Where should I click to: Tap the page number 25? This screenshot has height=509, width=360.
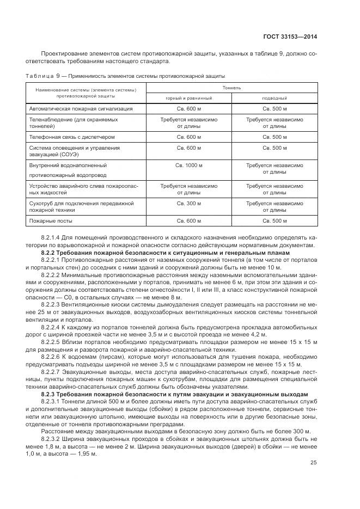pyautogui.click(x=314, y=463)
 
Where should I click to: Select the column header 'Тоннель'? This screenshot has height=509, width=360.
pyautogui.click(x=232, y=87)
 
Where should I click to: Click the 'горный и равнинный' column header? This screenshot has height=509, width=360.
pyautogui.click(x=189, y=98)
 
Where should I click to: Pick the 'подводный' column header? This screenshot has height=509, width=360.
pyautogui.click(x=274, y=98)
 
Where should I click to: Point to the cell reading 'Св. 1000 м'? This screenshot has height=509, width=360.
pyautogui.click(x=189, y=164)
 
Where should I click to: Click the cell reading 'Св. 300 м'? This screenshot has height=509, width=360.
pyautogui.click(x=189, y=203)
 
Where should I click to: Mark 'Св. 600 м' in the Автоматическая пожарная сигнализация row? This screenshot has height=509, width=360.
pyautogui.click(x=189, y=109)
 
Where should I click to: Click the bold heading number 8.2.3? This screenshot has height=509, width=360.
pyautogui.click(x=50, y=393)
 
